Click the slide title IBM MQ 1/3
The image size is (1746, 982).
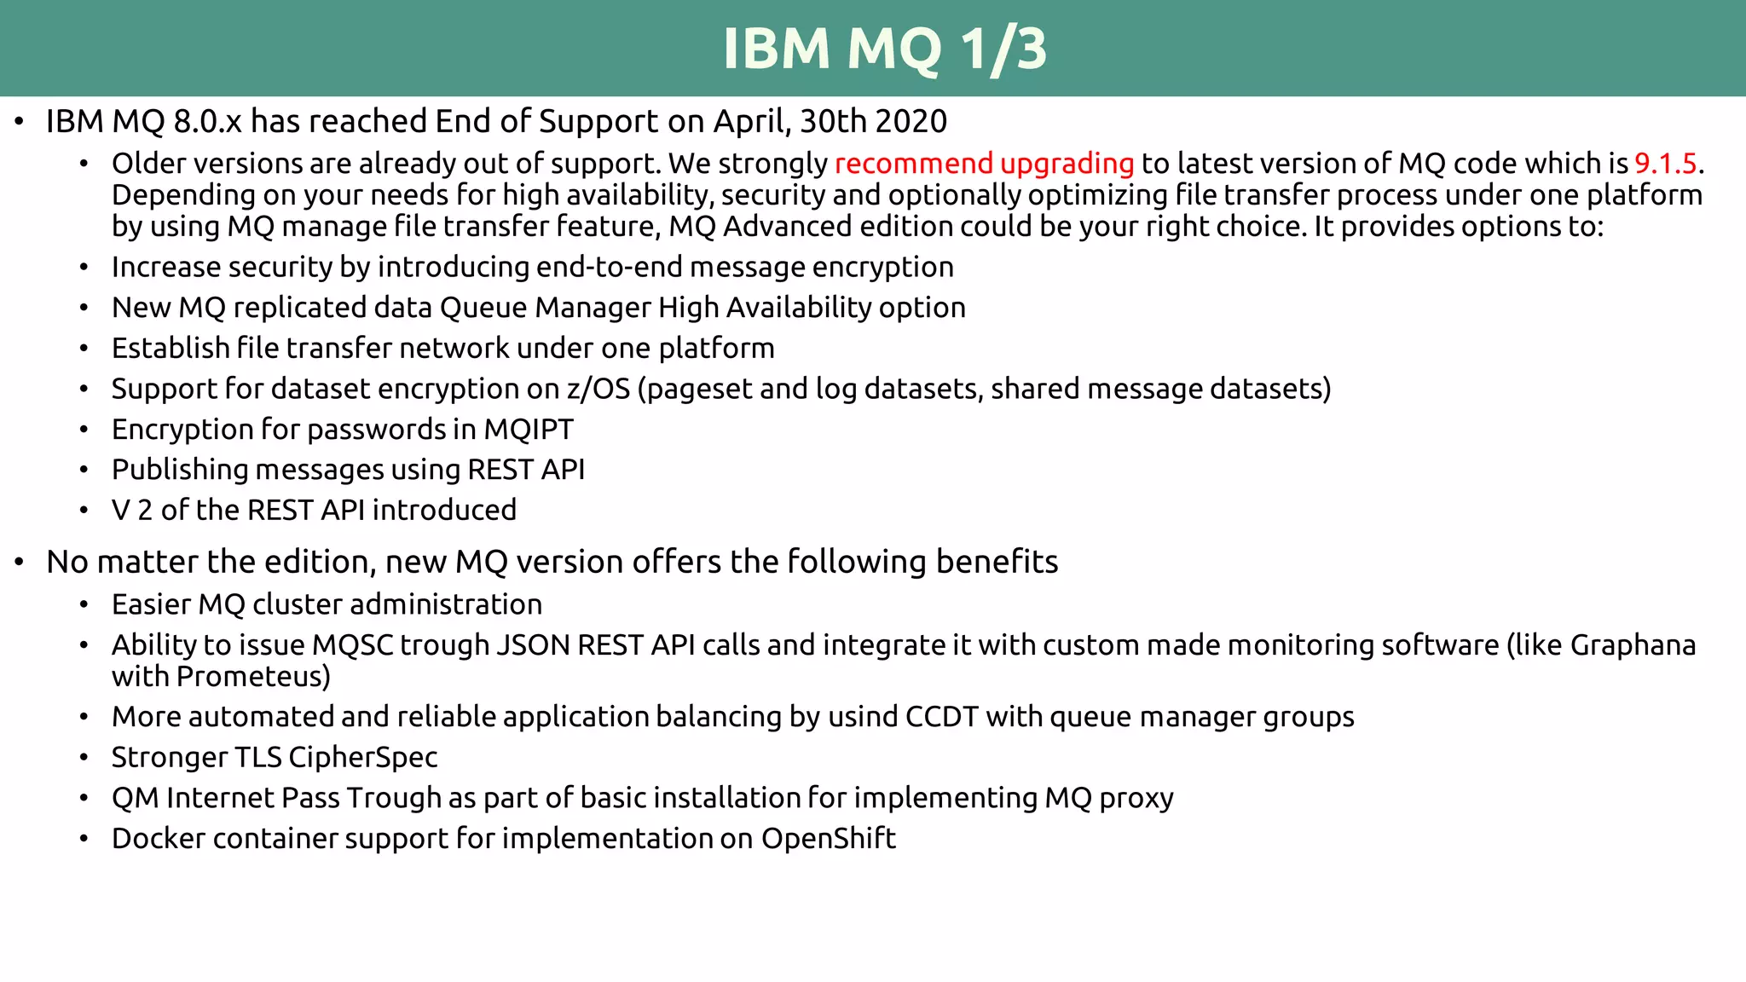pyautogui.click(x=884, y=49)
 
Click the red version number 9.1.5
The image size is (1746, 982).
pyautogui.click(x=1665, y=164)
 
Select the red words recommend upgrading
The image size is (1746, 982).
pyautogui.click(x=984, y=164)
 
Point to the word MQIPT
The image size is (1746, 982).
pyautogui.click(x=529, y=430)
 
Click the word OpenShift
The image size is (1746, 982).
pyautogui.click(x=828, y=839)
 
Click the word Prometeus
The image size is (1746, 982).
pyautogui.click(x=252, y=677)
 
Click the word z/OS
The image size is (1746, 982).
pyautogui.click(x=598, y=389)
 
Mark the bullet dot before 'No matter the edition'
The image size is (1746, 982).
pyautogui.click(x=19, y=563)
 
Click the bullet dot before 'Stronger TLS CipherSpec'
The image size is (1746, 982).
pyautogui.click(x=84, y=758)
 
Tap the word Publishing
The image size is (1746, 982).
pyautogui.click(x=180, y=471)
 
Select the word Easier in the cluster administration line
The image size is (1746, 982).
pyautogui.click(x=151, y=605)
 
